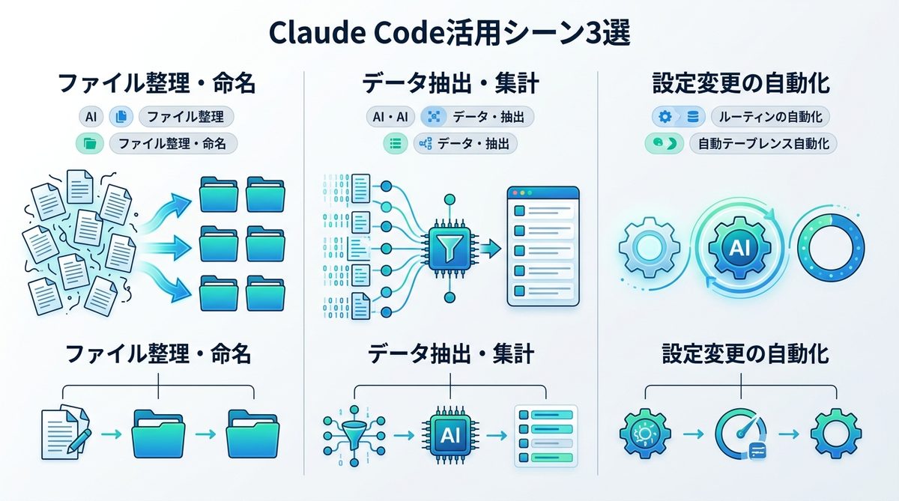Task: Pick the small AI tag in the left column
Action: pos(90,117)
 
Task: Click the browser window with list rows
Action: pos(543,246)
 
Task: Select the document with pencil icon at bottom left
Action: pos(66,433)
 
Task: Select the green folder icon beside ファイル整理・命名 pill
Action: pos(91,143)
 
